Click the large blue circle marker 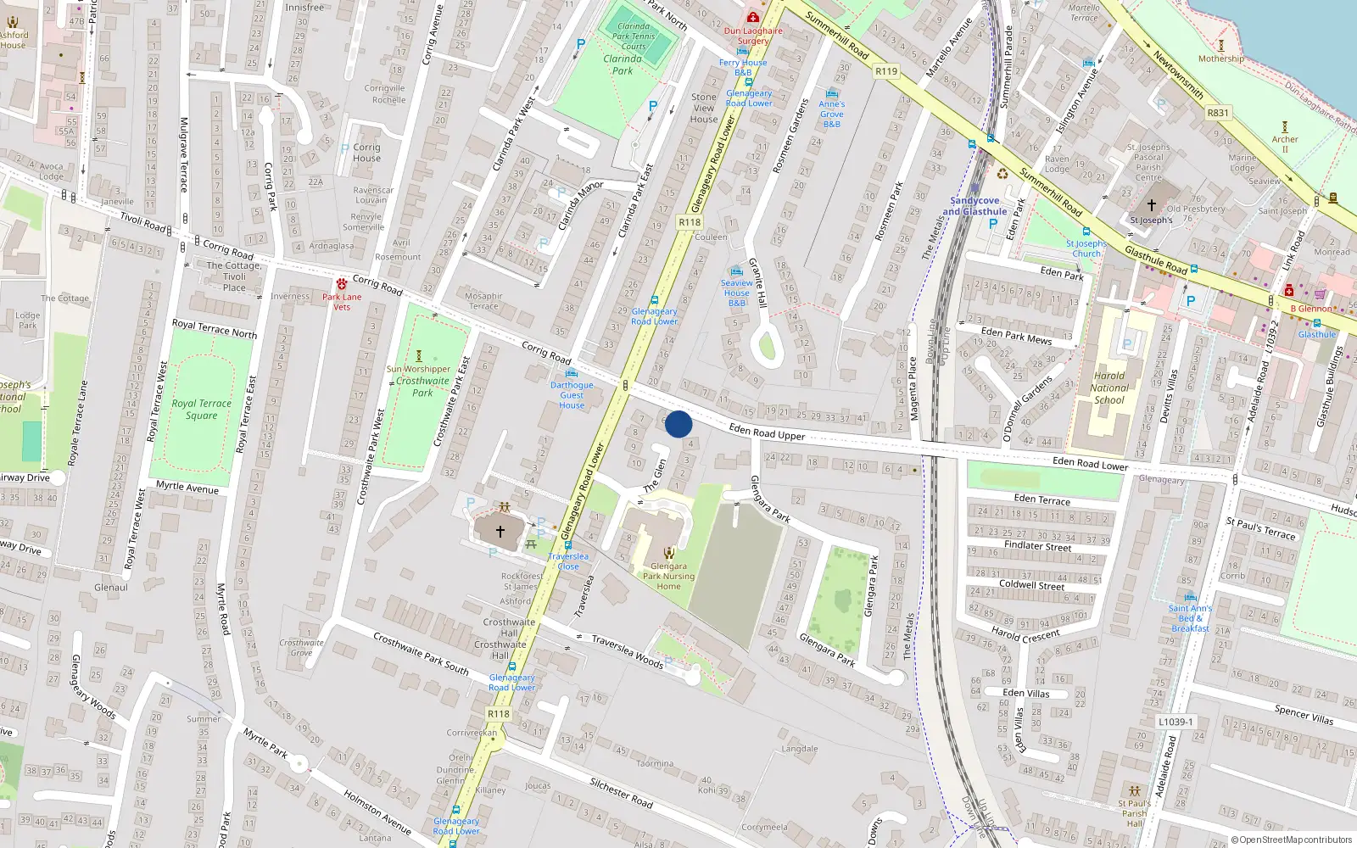[x=678, y=424]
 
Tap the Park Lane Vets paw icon [x=342, y=284]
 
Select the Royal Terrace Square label [x=201, y=409]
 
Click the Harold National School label [x=1109, y=388]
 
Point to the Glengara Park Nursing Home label [x=668, y=576]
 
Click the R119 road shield [x=886, y=71]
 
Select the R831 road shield [x=1218, y=112]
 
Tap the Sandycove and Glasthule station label [x=974, y=206]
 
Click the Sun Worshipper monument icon [x=418, y=356]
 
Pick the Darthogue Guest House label [x=572, y=395]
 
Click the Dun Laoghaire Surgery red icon [x=752, y=18]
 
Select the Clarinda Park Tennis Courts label [x=634, y=36]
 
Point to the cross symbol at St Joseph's [x=1152, y=204]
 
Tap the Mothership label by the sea [x=1221, y=59]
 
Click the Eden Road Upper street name [x=767, y=432]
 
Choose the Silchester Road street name [x=621, y=792]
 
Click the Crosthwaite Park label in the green [x=422, y=387]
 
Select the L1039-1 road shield [x=1176, y=722]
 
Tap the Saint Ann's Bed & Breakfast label [x=1190, y=618]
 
